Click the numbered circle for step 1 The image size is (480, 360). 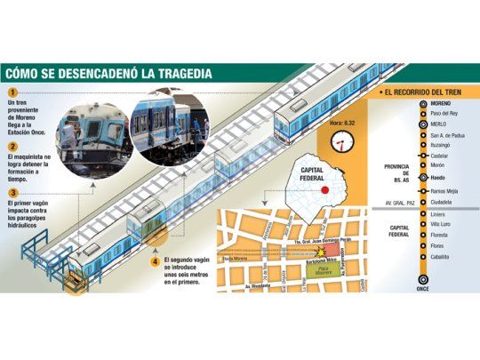tap(12, 93)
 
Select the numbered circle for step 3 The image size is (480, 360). tap(12, 192)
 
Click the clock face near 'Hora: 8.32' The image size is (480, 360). tap(342, 141)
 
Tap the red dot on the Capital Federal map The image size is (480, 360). tap(326, 189)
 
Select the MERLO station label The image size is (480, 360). tap(439, 124)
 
